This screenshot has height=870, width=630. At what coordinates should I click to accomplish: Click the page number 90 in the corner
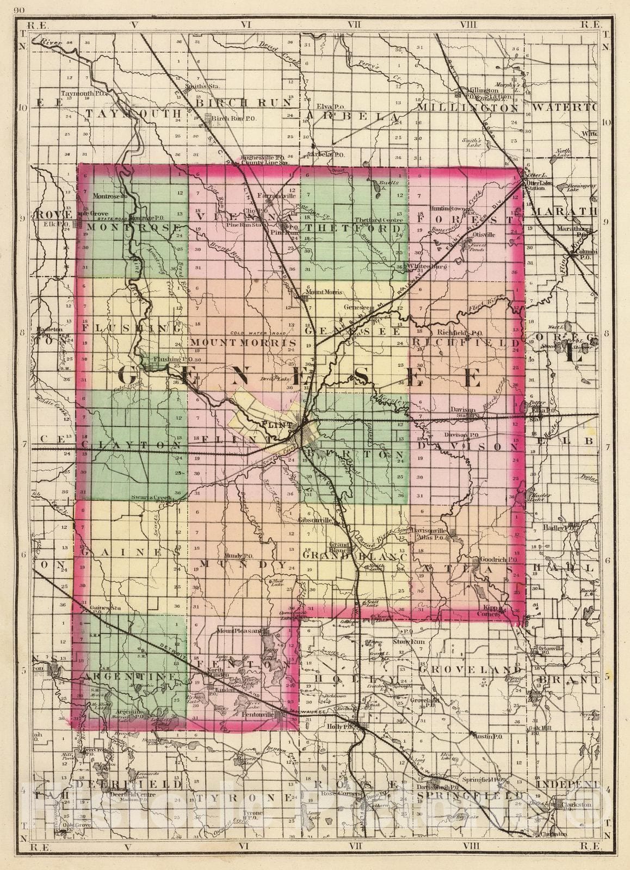click(x=20, y=10)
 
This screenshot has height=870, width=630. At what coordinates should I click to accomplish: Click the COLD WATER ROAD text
click(x=252, y=333)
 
